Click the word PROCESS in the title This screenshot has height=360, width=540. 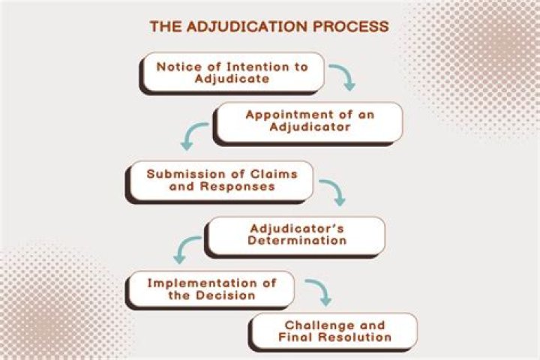pos(352,26)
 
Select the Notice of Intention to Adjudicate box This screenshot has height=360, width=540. pos(232,72)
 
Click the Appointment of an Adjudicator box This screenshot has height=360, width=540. pos(308,121)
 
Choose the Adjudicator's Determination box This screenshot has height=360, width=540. pos(297,235)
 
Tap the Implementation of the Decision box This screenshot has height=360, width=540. pos(211,289)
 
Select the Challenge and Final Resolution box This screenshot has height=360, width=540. pos(334,331)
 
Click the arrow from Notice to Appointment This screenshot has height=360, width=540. pos(343,76)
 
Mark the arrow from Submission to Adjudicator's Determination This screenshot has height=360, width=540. pos(332,192)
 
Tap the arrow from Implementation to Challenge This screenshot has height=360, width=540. pos(318,292)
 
